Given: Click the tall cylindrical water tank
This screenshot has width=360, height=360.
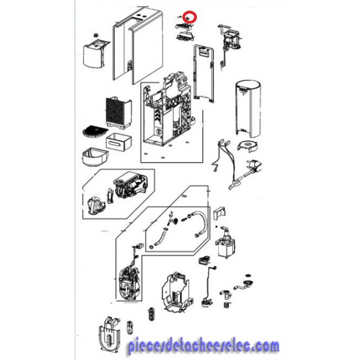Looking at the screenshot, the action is coord(248,109).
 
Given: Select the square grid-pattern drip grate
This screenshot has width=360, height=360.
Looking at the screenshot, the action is coord(118,113).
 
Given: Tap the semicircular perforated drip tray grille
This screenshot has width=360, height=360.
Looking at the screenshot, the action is coord(95,131).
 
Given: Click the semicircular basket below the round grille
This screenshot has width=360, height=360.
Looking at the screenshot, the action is coord(95,157).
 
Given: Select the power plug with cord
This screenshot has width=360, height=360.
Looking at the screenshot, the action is coord(253,169).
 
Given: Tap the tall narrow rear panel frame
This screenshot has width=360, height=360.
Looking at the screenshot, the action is coord(203,73).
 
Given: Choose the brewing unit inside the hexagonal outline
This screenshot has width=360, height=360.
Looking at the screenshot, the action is coord(131,185).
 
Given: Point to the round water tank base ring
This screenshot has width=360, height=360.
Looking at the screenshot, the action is coord(248,146).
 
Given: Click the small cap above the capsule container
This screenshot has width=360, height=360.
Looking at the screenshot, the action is coord(96,35).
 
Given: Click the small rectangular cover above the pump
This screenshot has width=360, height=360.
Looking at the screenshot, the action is coord(220,214).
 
